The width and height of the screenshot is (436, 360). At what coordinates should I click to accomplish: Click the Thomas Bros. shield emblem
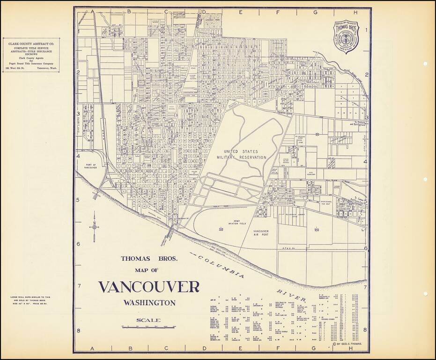pos(346,36)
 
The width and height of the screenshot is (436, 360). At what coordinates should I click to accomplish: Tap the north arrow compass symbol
pos(94,227)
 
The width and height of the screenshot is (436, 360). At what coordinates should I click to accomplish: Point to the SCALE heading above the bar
pos(148,321)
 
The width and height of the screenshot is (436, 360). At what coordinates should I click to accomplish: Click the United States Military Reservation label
pos(244,155)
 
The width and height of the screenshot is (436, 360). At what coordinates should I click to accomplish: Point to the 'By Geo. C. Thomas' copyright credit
pos(350,344)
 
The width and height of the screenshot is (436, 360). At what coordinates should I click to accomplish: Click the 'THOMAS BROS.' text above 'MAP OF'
pos(148,258)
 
